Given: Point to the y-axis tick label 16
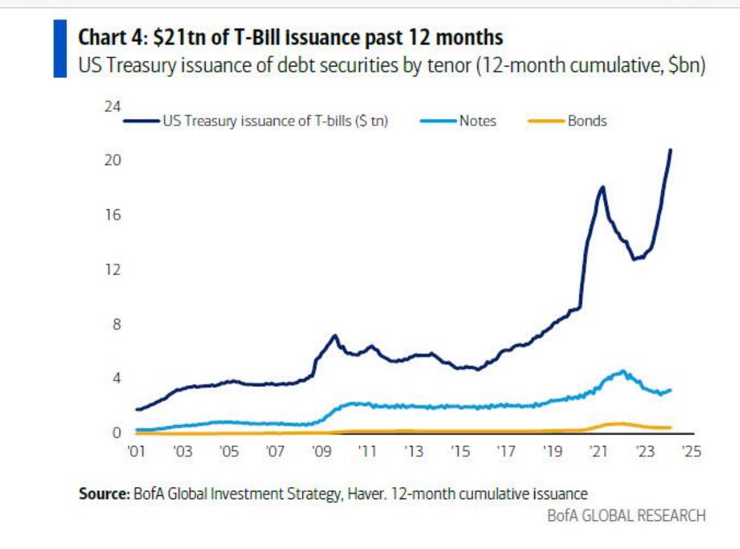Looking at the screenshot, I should [x=112, y=215].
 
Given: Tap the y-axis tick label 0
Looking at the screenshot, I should [x=117, y=433].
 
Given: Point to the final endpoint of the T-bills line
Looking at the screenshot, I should [x=670, y=150].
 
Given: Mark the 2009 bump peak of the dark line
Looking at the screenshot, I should [x=335, y=335].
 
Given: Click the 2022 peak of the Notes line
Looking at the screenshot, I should [x=623, y=371].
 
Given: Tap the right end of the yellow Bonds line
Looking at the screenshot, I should [x=670, y=428].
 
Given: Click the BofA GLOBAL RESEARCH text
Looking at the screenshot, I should [x=626, y=515].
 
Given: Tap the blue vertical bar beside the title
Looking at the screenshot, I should [x=59, y=49].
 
